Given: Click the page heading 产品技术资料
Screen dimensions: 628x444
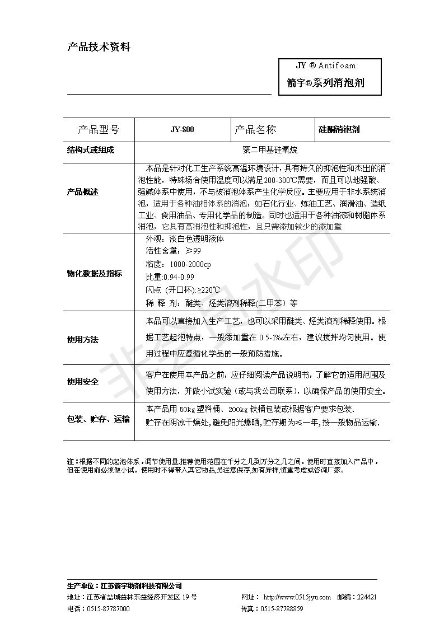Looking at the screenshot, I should (99, 48).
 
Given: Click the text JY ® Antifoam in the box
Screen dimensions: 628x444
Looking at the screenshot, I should (326, 65).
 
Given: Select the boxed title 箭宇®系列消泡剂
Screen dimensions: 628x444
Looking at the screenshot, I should (326, 83).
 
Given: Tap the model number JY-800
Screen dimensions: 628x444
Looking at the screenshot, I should (183, 130).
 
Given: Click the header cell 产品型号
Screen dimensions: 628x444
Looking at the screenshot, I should (98, 130).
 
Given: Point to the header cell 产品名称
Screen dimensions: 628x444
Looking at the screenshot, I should (255, 130).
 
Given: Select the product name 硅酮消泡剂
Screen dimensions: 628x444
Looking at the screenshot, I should (339, 130).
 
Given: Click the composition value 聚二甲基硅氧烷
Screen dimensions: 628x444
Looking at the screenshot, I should (262, 150).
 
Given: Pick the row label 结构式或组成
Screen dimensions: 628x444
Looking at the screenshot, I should (90, 150).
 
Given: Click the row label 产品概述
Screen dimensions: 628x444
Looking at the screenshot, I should (83, 192).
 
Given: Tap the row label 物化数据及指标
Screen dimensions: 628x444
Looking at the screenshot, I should (94, 274).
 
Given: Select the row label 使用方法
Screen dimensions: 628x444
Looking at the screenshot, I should (83, 340).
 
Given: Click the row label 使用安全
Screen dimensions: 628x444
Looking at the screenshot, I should (83, 382).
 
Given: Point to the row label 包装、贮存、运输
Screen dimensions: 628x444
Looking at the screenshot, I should (98, 419).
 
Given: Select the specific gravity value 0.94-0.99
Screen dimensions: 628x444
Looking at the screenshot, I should (178, 277).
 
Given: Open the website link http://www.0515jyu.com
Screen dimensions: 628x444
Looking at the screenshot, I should (297, 597).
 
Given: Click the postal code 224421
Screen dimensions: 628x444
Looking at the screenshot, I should (366, 597).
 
